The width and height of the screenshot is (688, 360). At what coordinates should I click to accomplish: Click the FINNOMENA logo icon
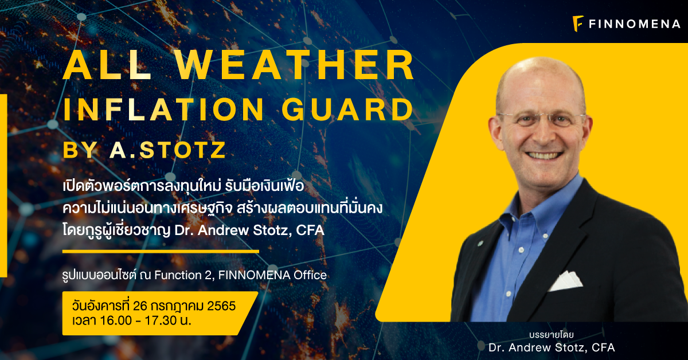[x=578, y=24]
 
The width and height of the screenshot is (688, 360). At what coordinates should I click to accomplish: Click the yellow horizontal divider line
[x=161, y=251]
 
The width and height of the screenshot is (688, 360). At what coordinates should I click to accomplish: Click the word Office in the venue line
[x=310, y=275]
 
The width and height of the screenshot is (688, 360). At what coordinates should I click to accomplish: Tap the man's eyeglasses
[x=542, y=119]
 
